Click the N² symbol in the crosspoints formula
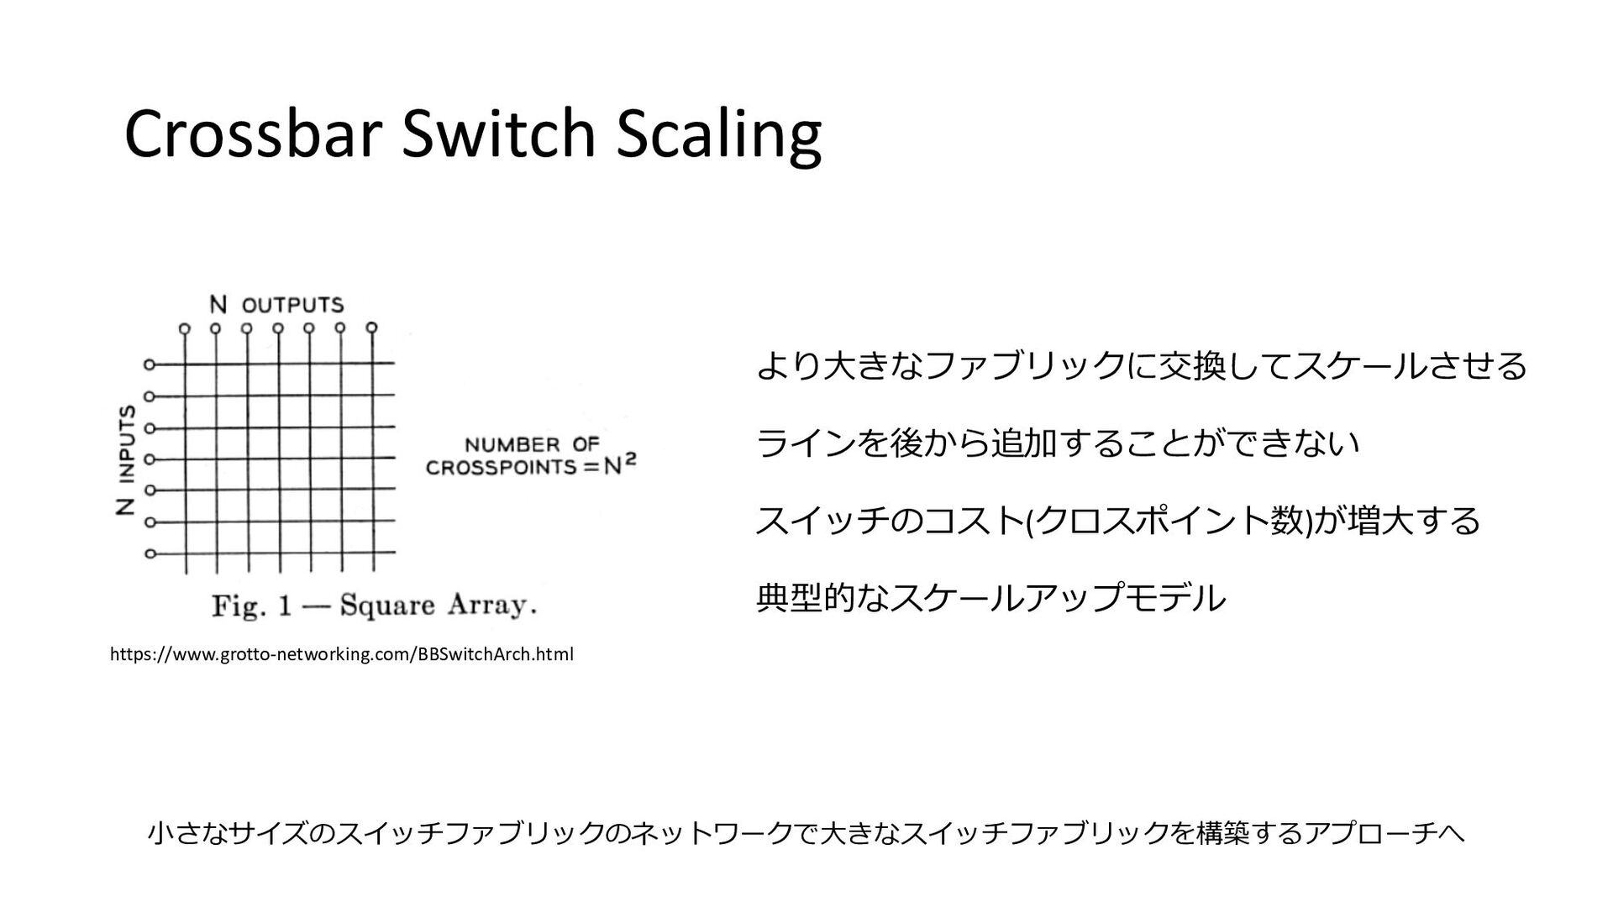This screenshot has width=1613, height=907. click(621, 464)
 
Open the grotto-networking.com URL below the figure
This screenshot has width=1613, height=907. click(342, 654)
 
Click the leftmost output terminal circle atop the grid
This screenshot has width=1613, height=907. click(185, 328)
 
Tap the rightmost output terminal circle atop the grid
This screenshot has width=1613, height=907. click(372, 328)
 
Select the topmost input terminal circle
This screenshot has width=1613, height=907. click(150, 364)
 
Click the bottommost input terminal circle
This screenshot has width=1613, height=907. click(150, 553)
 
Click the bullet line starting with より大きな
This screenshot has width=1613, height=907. click(1141, 365)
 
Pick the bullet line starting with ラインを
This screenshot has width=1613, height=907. click(1057, 443)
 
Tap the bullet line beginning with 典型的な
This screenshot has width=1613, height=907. click(991, 598)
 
